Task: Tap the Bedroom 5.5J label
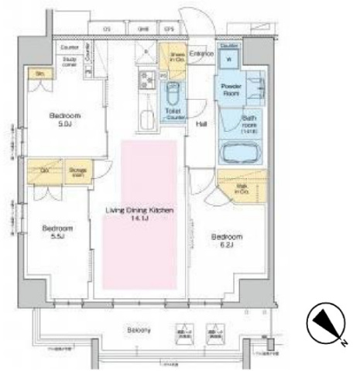click(57, 233)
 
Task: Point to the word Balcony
click(139, 330)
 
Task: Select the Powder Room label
click(233, 89)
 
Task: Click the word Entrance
click(201, 53)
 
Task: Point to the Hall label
click(201, 124)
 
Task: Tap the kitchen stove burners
click(145, 80)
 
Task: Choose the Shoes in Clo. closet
click(173, 57)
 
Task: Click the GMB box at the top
click(143, 29)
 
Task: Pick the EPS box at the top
click(168, 29)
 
